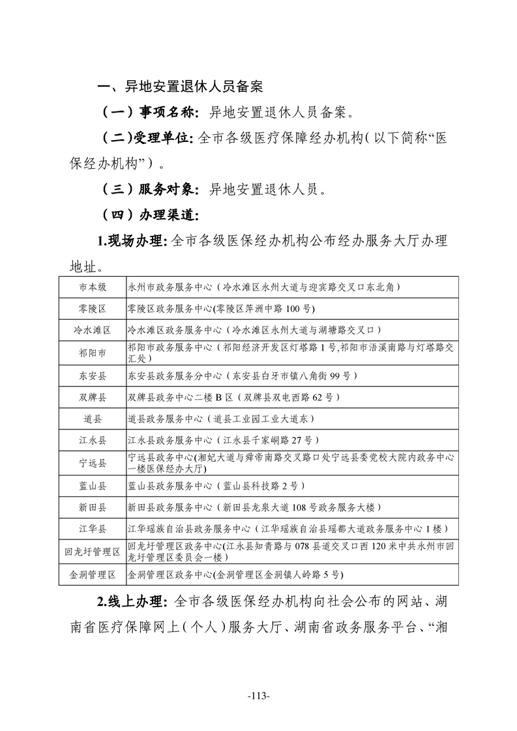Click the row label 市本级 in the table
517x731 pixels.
[93, 287]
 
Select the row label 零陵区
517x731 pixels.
[93, 308]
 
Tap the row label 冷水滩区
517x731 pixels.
[93, 330]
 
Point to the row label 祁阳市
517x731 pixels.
[93, 353]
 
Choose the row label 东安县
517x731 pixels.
[93, 376]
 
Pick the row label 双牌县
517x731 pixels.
[93, 397]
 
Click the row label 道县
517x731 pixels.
[93, 418]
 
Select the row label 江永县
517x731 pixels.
[93, 440]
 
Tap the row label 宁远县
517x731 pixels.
[93, 463]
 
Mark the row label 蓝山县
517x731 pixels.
[93, 485]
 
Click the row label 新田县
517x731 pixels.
[93, 507]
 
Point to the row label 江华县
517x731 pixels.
[93, 528]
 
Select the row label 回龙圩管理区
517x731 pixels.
[93, 552]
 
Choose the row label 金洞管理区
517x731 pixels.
[93, 575]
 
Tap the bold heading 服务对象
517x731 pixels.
[167, 190]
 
